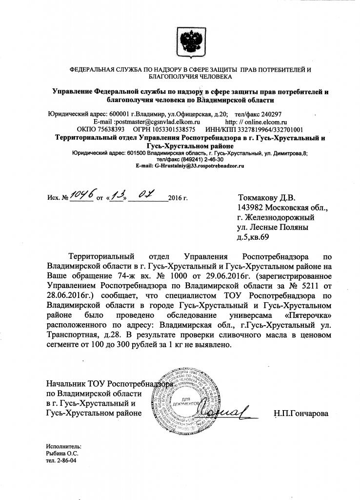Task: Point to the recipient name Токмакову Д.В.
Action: click(266, 198)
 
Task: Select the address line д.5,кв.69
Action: click(253, 237)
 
